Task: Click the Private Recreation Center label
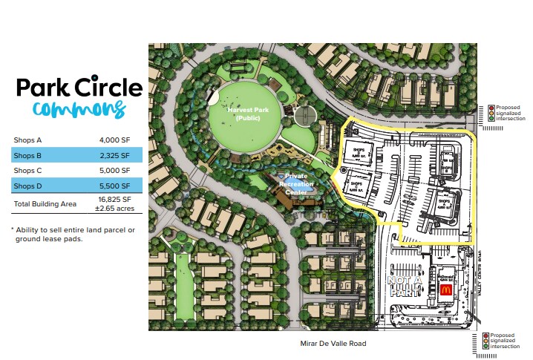[x=295, y=183]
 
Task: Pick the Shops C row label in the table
[x=28, y=170]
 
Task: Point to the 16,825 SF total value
[x=116, y=200]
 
